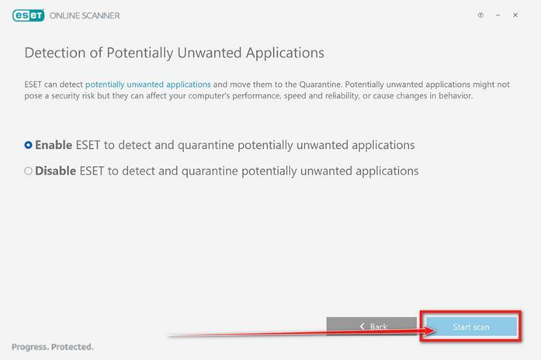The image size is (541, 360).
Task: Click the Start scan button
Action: tap(471, 327)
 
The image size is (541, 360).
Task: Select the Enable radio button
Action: tap(28, 145)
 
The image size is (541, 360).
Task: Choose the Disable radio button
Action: tap(28, 171)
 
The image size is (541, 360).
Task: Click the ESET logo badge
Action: tap(28, 16)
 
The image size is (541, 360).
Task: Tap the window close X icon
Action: tap(515, 16)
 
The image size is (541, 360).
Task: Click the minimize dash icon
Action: tap(498, 16)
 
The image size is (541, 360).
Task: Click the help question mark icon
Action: tap(480, 16)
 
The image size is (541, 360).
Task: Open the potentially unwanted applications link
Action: tap(148, 85)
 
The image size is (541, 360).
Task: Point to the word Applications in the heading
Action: tap(285, 54)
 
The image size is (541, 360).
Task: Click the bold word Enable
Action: tap(54, 145)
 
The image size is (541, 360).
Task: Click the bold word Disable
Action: tap(56, 171)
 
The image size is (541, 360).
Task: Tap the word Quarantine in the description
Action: tap(320, 85)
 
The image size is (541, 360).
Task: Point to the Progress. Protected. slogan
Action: tap(53, 347)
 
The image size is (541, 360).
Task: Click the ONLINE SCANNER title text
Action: tap(85, 16)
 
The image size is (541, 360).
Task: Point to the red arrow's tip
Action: tap(435, 331)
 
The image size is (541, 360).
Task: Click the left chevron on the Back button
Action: tap(362, 326)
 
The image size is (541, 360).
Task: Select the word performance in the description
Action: tap(256, 96)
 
